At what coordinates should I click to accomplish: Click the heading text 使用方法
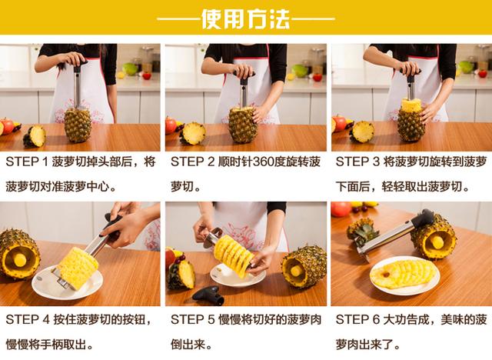245,18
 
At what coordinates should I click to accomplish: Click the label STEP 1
27,162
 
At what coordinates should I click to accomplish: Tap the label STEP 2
192,162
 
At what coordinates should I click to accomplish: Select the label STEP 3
357,162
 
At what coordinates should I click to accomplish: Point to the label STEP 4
28,320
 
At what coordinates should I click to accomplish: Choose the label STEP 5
192,320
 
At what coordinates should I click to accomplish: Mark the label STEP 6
357,320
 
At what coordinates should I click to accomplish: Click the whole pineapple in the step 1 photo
78,125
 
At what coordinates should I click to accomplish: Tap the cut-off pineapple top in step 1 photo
35,136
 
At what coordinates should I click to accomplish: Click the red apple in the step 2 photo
171,125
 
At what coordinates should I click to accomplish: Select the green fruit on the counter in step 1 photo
130,69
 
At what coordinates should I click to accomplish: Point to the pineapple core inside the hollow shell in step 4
20,260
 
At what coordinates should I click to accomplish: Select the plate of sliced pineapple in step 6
405,275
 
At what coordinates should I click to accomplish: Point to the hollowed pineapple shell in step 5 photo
304,267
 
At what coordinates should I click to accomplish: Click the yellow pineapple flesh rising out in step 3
411,105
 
